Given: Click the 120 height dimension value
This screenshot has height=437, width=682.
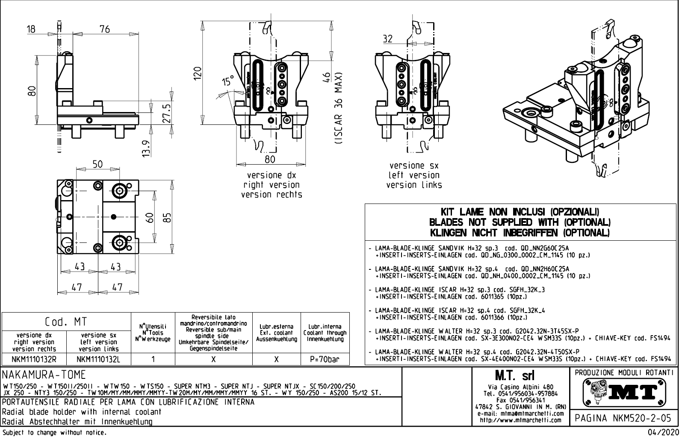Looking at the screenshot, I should (x=197, y=75).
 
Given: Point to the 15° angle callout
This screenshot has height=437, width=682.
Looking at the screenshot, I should (x=228, y=81).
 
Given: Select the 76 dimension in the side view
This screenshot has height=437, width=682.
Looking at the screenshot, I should (x=104, y=29).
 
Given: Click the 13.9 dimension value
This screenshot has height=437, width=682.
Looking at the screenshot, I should (x=146, y=148).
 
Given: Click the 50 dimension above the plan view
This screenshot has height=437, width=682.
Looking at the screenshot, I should (x=97, y=164).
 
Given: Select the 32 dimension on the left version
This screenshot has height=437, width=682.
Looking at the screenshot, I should (x=387, y=39).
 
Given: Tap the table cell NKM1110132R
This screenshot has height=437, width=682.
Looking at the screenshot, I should (x=34, y=359).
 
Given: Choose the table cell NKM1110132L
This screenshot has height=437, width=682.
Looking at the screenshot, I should (x=99, y=359).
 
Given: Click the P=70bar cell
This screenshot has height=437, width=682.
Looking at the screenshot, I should (x=325, y=359).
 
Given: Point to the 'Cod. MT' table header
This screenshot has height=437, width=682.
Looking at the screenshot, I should (x=66, y=322).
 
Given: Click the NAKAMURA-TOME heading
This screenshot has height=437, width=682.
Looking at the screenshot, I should (x=44, y=375).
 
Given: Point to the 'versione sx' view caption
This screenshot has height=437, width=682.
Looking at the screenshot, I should (x=414, y=165).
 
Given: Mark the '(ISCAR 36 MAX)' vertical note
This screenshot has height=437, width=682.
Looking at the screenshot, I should (x=339, y=109).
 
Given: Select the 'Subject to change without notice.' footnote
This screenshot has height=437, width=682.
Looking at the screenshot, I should (x=54, y=433).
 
